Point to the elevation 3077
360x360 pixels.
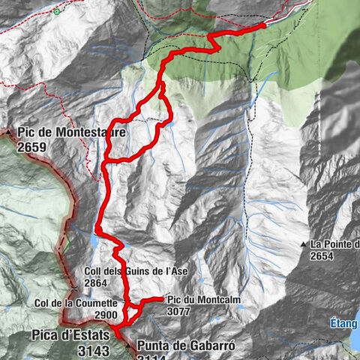(x=178, y=310)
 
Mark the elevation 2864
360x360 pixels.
(x=97, y=284)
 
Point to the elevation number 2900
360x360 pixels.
(x=106, y=315)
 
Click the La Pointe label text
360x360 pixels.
(x=335, y=244)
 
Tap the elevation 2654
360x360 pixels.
(x=324, y=256)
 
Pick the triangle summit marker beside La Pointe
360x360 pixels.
(x=304, y=244)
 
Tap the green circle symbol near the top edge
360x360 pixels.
(x=57, y=12)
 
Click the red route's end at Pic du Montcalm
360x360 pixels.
(x=163, y=298)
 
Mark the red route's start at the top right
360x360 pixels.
(x=264, y=25)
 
